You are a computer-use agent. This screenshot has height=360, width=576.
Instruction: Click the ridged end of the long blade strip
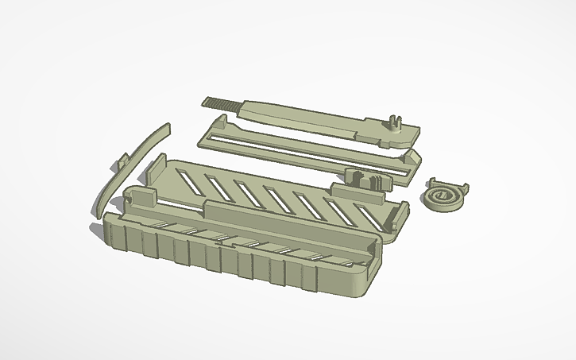click(x=222, y=103)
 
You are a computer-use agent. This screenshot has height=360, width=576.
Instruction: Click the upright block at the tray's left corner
click(x=143, y=197)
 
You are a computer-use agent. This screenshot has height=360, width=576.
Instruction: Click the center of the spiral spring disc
click(x=442, y=195)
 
